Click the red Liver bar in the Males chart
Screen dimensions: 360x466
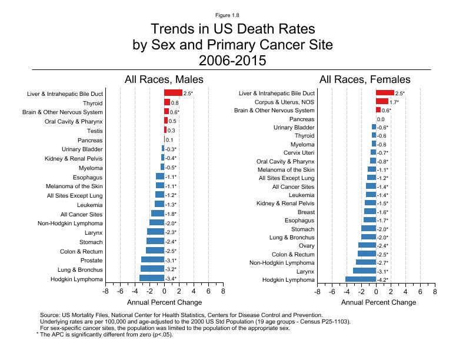pos(173,92)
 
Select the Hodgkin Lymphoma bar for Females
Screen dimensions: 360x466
pos(361,279)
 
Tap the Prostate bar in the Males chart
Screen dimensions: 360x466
pos(152,259)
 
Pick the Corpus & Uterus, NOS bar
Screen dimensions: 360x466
pos(382,101)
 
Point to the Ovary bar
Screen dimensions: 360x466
pos(367,245)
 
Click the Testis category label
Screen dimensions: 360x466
pos(94,131)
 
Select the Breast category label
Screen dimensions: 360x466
pos(306,212)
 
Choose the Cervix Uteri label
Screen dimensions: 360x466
pos(299,152)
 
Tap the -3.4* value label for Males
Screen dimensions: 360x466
pos(171,278)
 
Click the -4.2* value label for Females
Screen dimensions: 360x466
pos(382,280)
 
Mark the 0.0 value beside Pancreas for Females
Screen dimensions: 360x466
pos(381,119)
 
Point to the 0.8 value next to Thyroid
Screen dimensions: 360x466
pos(175,103)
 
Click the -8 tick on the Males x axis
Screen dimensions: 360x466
pos(105,291)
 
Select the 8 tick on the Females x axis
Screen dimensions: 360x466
pos(435,291)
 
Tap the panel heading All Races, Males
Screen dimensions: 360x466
pos(164,79)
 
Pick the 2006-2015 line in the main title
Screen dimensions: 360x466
pos(232,60)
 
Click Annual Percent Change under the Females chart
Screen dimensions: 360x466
pos(378,302)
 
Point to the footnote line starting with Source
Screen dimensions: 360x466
pos(181,315)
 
